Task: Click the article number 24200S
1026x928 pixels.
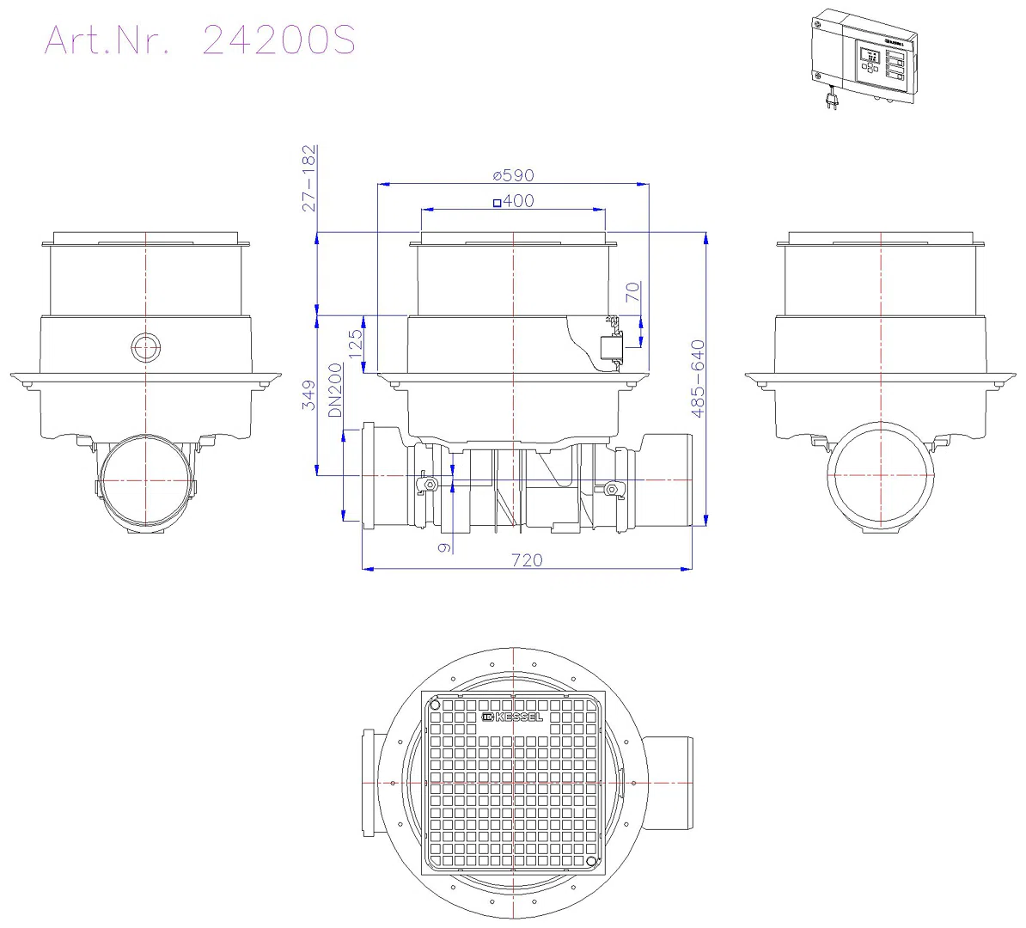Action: pos(278,40)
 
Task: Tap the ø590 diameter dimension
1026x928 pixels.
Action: pos(514,175)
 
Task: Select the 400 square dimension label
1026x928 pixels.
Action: pos(514,201)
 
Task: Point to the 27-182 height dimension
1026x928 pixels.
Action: pos(308,178)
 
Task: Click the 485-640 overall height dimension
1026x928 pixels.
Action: pos(698,378)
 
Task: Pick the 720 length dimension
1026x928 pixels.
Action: pos(527,560)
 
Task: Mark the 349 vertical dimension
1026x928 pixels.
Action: pos(308,395)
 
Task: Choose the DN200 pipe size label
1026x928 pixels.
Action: pos(335,390)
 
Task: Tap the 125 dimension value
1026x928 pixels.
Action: pos(355,344)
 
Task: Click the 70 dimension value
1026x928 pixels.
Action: pos(632,292)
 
